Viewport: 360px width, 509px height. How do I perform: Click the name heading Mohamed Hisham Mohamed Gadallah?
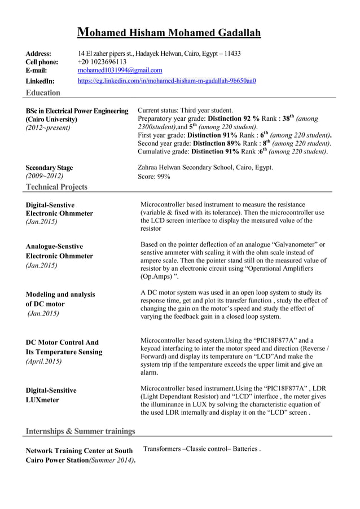pyautogui.click(x=169, y=33)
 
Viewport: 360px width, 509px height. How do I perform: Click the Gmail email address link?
pyautogui.click(x=120, y=71)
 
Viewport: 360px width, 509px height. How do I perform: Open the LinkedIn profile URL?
pyautogui.click(x=166, y=81)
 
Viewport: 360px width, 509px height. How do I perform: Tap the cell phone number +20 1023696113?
pyautogui.click(x=102, y=62)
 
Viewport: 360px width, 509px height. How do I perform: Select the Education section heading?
pyautogui.click(x=43, y=93)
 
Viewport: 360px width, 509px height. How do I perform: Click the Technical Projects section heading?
pyautogui.click(x=56, y=187)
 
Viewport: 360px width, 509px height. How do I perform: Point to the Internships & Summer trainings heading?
pyautogui.click(x=81, y=431)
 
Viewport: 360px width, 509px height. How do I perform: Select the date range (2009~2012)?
pyautogui.click(x=45, y=177)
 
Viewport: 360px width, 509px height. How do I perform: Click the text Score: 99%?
pyautogui.click(x=154, y=177)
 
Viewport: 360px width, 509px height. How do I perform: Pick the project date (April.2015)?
pyautogui.click(x=44, y=361)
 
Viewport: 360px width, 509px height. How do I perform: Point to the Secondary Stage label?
pyautogui.click(x=49, y=168)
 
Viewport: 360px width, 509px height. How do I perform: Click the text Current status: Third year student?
pyautogui.click(x=185, y=111)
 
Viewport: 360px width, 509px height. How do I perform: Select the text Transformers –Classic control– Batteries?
pyautogui.click(x=201, y=449)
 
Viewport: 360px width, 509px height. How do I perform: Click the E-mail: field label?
pyautogui.click(x=37, y=71)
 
